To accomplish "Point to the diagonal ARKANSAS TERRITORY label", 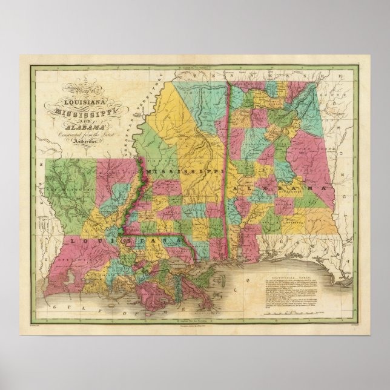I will coord(144,119).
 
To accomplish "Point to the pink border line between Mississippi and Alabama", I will coord(228,182).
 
